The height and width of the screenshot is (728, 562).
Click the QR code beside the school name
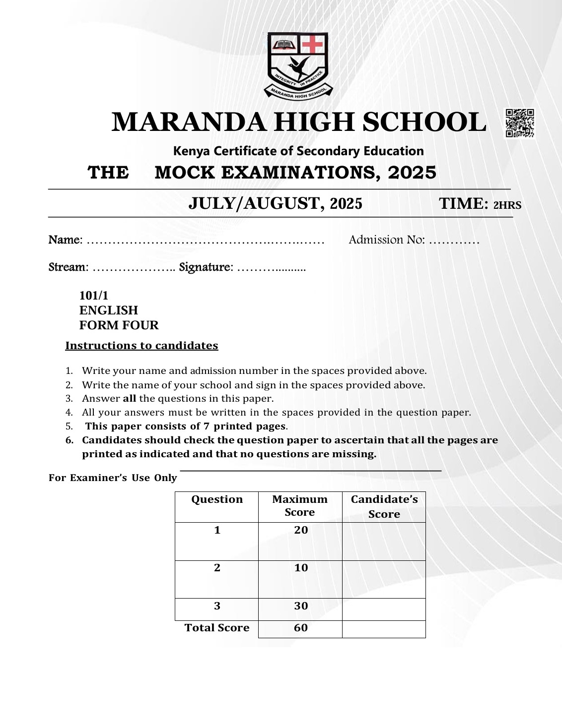point(520,123)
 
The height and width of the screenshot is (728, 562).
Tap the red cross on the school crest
point(312,44)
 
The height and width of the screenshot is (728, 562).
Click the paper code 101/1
point(93,296)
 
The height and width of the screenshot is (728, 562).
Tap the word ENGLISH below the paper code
point(108,310)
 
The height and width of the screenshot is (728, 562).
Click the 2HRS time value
point(507,205)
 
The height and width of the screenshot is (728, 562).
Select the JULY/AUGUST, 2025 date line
point(275,203)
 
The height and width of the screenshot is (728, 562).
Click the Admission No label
point(386,240)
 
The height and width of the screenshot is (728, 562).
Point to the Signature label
point(205,267)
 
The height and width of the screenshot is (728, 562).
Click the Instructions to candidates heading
point(141,346)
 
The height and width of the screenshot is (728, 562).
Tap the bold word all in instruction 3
point(129,399)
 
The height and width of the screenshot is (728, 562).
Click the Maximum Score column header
point(300,506)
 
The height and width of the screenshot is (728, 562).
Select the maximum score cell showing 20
point(301,530)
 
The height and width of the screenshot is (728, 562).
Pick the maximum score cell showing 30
point(301,606)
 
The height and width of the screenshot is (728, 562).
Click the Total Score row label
point(217,628)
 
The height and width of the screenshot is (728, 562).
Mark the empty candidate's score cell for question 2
point(384,579)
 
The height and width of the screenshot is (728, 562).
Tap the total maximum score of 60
point(301,628)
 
